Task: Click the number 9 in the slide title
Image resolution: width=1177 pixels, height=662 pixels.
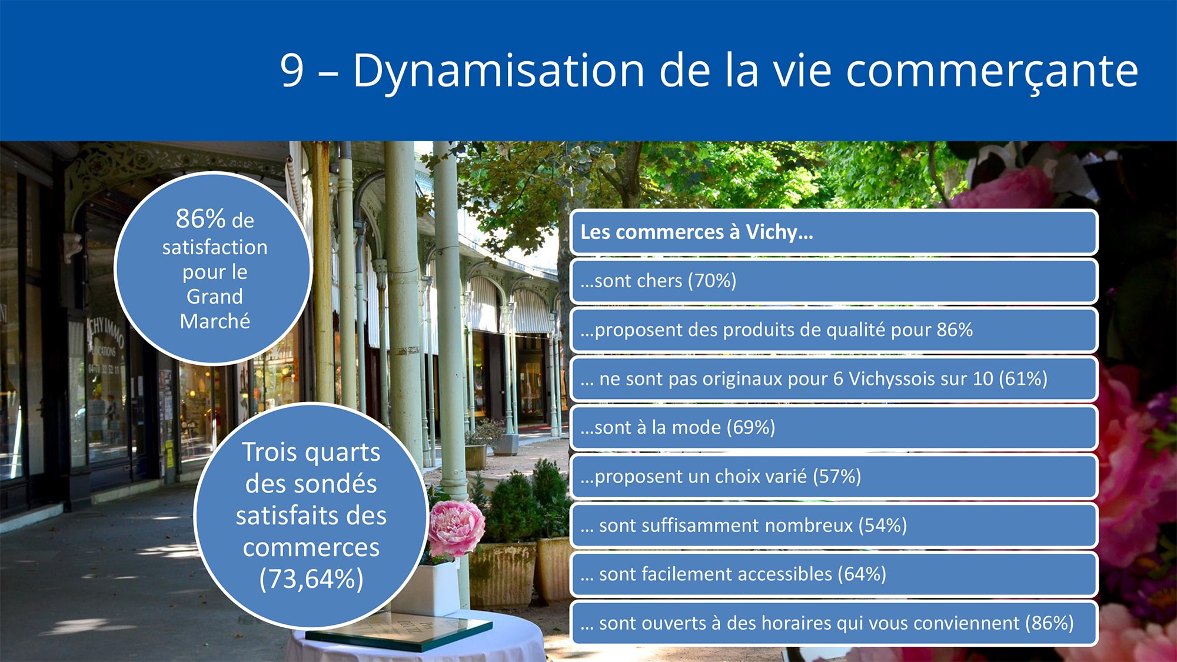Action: [292, 71]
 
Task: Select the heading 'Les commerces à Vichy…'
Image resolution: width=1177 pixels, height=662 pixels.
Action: [697, 232]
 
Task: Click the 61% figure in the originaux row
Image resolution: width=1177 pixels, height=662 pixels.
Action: [1023, 378]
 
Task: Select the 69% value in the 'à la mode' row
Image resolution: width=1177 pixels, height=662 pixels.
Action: [751, 427]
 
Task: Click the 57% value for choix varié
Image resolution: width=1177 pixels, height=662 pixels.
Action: [837, 476]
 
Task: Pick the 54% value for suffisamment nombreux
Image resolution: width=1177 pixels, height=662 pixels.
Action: [883, 525]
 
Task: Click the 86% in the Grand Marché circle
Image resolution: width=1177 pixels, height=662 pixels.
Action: [201, 219]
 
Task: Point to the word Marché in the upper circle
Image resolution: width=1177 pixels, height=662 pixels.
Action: [215, 321]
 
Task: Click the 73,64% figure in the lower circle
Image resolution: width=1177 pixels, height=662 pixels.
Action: [311, 579]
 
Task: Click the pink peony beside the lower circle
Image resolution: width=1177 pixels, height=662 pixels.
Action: [456, 528]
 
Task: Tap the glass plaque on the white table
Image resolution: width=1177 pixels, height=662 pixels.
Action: [399, 631]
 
